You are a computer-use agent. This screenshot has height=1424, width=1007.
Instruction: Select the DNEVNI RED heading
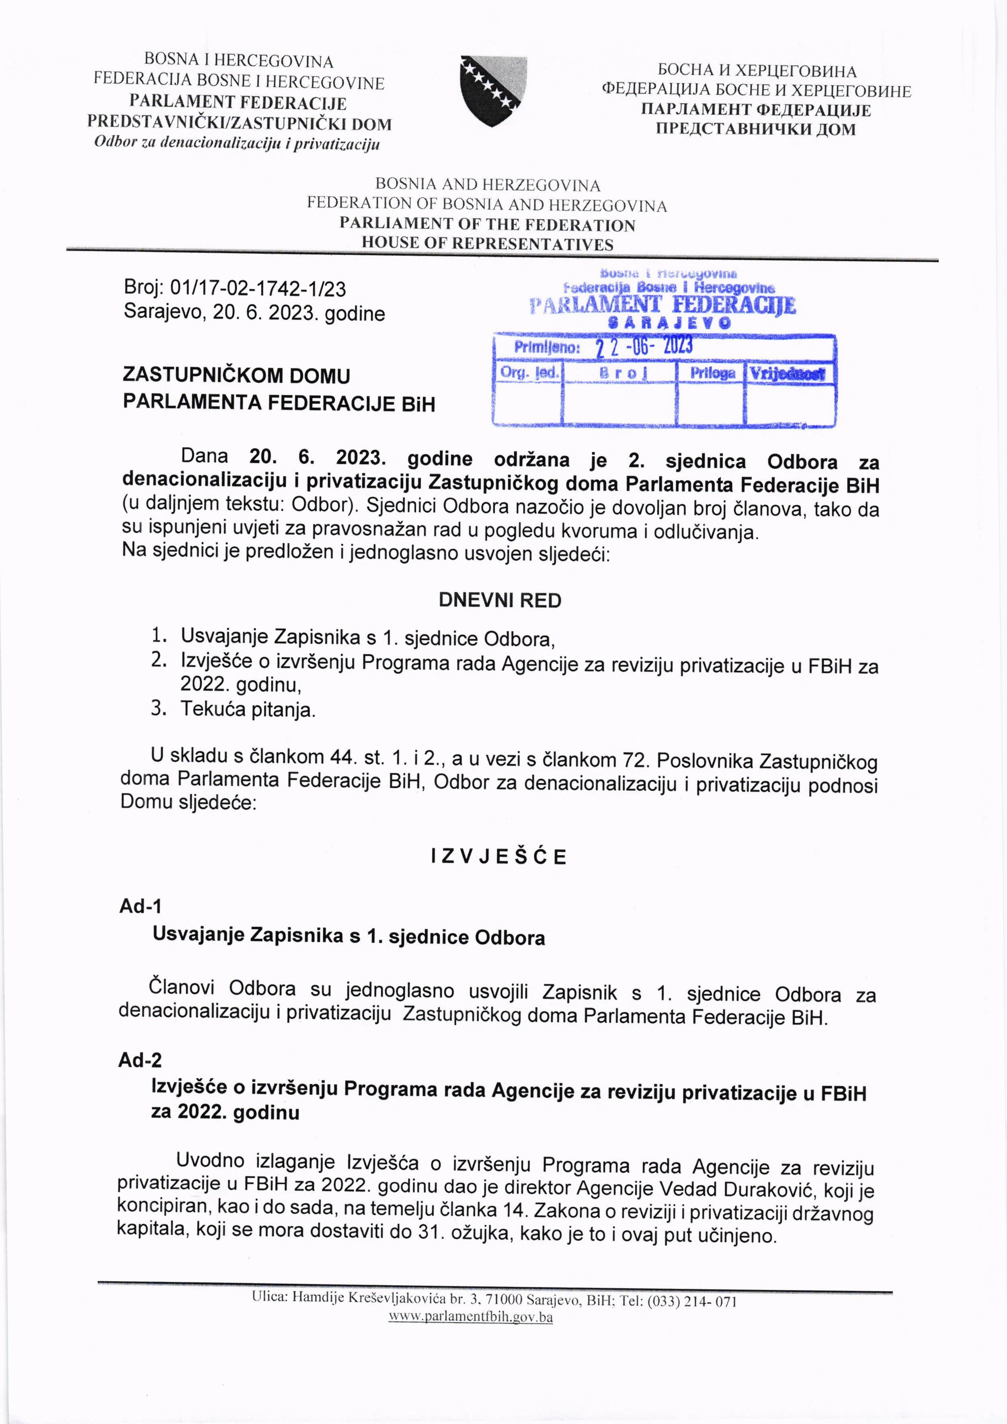(500, 600)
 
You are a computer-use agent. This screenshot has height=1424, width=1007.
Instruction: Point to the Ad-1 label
(140, 906)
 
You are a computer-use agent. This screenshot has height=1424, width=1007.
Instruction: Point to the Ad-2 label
(140, 1060)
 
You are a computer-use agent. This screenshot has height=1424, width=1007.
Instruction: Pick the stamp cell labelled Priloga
(712, 373)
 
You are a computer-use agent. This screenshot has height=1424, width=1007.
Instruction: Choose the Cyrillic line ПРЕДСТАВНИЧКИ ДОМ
(755, 129)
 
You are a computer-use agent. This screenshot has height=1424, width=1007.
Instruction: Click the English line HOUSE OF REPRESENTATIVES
(487, 243)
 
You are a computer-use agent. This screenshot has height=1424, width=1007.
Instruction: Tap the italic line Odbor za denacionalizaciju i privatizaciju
(236, 144)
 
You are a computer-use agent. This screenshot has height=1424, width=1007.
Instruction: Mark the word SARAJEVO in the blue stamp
(670, 322)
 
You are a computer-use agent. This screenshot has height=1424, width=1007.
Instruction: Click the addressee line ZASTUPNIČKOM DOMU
(236, 376)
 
